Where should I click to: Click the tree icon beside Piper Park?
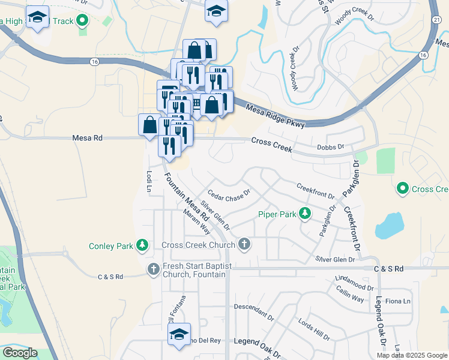point(305,214)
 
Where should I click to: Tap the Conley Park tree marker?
point(142,245)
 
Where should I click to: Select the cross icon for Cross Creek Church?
point(244,244)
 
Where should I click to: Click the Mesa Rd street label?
point(88,138)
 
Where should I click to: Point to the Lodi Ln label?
point(149,181)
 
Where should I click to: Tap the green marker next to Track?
point(83,22)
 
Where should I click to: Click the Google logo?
point(19,353)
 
